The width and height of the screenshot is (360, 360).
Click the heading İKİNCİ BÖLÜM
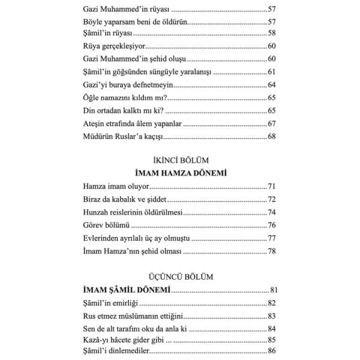pos(179,161)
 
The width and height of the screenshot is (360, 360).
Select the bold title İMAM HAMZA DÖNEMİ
pos(179,173)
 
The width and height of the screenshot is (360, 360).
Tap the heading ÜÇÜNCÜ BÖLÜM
pos(179,276)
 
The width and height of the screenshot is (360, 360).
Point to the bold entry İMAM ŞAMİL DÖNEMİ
pos(127,290)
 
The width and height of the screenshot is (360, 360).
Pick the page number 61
pos(272,72)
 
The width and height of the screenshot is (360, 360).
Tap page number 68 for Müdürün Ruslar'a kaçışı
pos(272,137)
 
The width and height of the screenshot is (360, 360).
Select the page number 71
pos(272,187)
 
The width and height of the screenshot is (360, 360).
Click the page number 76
pos(272,226)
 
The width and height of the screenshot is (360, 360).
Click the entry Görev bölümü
pos(105,226)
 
